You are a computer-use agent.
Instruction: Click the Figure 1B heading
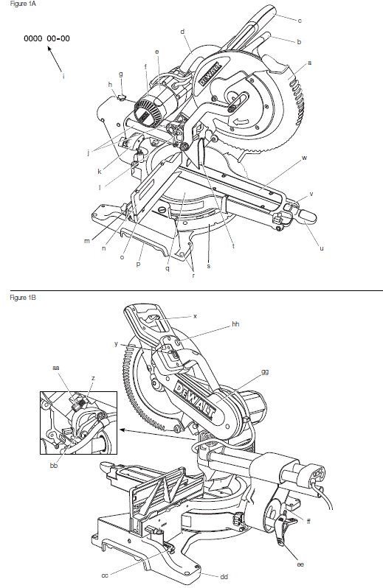(x=16, y=297)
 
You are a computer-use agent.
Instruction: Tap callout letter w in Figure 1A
(x=304, y=158)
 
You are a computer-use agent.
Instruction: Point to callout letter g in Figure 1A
(x=120, y=74)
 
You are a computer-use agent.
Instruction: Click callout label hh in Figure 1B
(x=235, y=324)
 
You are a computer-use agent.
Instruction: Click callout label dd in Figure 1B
(x=224, y=575)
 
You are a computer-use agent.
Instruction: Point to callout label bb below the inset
(x=53, y=467)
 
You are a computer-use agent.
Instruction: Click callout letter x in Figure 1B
(x=195, y=315)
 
